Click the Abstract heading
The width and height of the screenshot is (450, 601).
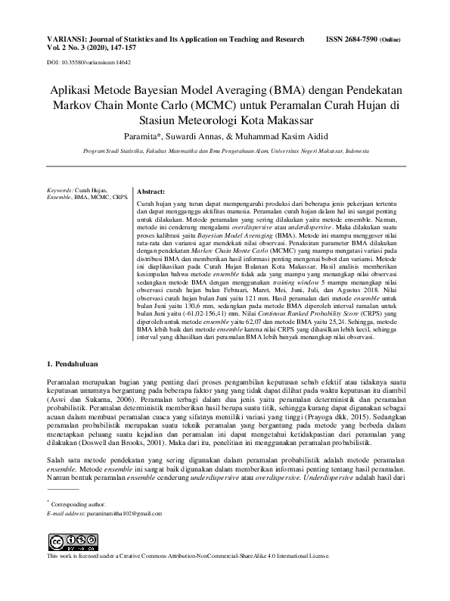(x=151, y=192)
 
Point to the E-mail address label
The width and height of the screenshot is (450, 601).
(x=67, y=513)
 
